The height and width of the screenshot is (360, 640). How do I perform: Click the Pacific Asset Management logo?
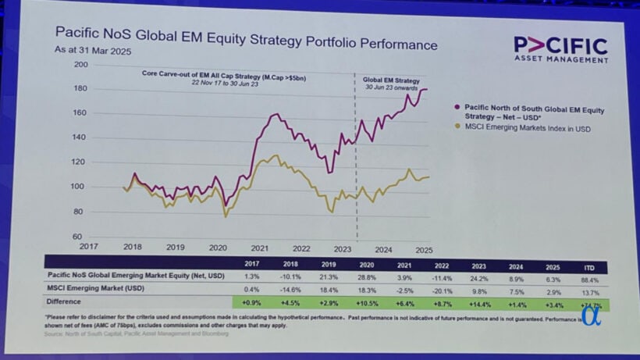click(560, 48)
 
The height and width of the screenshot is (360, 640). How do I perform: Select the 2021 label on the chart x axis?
click(260, 248)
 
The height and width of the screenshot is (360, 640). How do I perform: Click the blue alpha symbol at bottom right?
click(591, 314)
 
